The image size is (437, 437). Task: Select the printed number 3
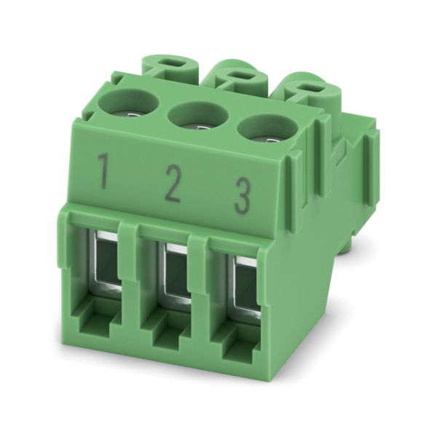(242, 197)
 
